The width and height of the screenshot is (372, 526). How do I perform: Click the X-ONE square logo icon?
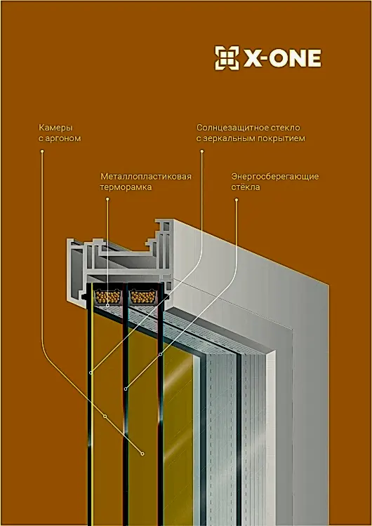point(227,58)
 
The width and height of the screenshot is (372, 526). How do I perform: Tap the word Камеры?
point(55,128)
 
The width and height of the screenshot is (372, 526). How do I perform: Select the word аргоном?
point(62,138)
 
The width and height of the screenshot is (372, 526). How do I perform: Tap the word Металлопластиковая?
point(146,177)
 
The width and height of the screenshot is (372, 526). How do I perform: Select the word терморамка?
point(126,187)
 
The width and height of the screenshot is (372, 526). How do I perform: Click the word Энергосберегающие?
point(275,177)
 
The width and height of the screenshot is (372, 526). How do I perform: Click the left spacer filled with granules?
point(107,297)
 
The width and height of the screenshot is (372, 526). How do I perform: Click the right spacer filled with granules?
point(143,297)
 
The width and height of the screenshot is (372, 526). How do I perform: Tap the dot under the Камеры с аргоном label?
point(42,151)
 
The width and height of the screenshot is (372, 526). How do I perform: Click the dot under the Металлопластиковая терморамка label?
point(107,199)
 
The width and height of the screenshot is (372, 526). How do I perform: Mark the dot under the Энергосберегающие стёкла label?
point(237,200)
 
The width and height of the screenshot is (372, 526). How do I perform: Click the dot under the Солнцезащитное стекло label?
point(202,151)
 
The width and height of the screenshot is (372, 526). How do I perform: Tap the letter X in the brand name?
point(251,58)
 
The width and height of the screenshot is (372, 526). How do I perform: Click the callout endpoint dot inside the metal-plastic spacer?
point(107,305)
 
